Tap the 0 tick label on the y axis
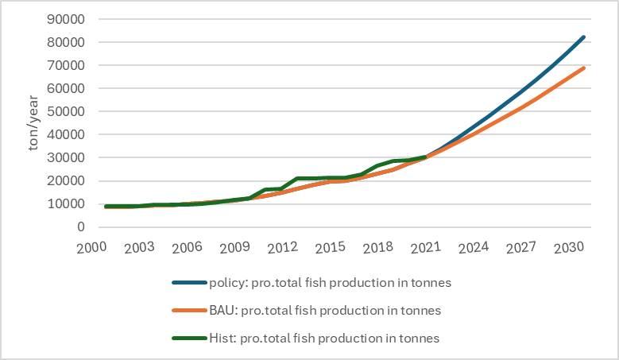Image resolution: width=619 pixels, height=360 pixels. point(79,227)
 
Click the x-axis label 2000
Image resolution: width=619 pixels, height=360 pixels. point(92,247)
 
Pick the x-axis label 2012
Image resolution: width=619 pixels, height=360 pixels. point(282,247)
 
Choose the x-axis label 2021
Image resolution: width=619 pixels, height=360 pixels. point(425,247)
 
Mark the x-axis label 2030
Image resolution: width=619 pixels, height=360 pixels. point(568,247)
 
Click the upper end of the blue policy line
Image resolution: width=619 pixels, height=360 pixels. point(584,37)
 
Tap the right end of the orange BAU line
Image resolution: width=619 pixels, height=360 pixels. point(584,68)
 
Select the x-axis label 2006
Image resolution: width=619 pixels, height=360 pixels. point(188,247)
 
